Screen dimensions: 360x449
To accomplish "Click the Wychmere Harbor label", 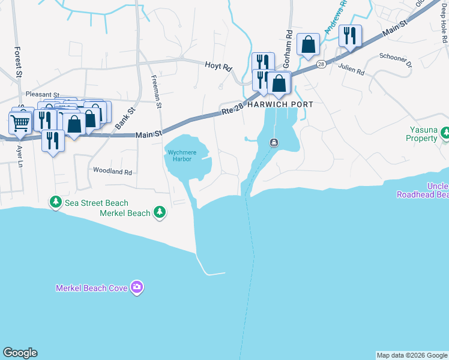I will (180, 155).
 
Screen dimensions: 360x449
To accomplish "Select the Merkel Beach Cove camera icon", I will (137, 288).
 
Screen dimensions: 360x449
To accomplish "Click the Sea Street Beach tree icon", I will (56, 203).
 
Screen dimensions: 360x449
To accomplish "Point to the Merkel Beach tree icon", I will (159, 212).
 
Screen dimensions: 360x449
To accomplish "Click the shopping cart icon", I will (20, 124).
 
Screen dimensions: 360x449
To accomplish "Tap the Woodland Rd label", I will (112, 171).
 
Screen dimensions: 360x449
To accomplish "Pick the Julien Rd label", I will (351, 70).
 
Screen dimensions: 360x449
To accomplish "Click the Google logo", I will (20, 353).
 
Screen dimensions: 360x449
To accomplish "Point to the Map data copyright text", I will (412, 355).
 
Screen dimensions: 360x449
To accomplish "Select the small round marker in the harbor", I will (274, 142).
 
